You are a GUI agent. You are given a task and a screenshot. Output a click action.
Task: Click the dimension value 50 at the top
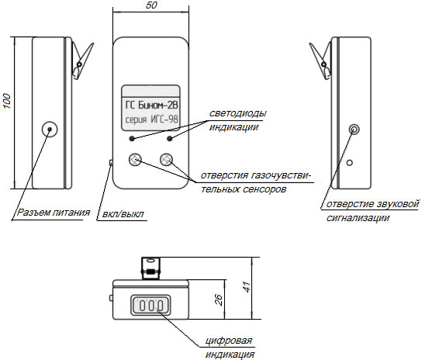151,5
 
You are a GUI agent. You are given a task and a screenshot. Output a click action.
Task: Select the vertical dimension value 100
7,102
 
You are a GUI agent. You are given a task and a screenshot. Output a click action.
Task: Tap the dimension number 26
219,299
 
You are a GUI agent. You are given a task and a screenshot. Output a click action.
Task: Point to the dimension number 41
246,287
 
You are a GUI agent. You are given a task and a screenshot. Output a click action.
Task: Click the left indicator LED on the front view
132,139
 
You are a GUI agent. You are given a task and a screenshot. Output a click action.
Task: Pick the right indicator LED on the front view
170,139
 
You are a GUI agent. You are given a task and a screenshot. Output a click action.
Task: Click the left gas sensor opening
135,160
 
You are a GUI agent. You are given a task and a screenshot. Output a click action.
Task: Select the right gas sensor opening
166,160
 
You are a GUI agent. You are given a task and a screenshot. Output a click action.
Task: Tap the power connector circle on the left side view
50,130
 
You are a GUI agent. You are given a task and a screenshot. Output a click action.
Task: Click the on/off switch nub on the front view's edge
111,162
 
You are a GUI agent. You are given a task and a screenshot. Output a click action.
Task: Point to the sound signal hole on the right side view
354,130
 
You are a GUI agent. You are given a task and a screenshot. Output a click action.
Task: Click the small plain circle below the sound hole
350,163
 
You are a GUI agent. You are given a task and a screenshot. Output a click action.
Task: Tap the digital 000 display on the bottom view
150,306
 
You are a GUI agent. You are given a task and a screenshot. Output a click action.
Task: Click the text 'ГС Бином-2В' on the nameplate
151,105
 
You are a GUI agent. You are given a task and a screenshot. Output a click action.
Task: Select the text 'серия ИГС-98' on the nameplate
151,119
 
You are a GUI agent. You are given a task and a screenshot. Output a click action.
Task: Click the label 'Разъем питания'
54,213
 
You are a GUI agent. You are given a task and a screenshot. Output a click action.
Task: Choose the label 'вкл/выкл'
123,214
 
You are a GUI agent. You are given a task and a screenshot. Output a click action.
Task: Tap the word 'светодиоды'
238,113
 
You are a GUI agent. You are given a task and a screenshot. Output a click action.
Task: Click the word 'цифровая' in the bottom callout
229,341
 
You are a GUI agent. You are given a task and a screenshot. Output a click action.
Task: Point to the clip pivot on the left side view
79,64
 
